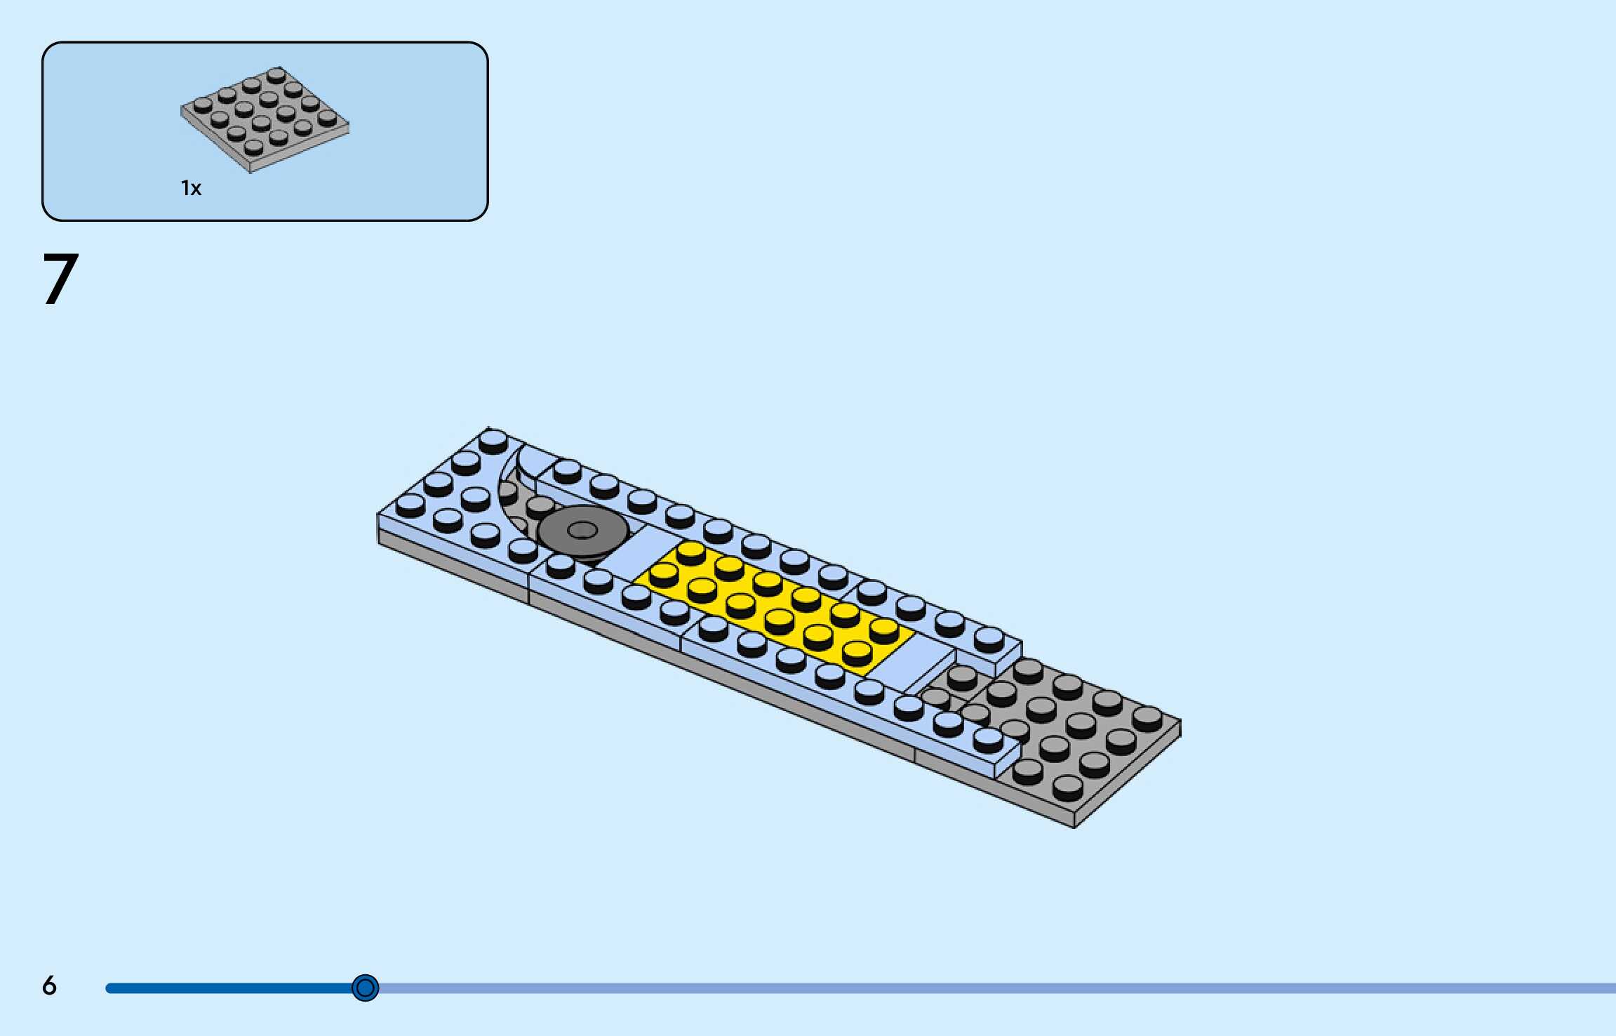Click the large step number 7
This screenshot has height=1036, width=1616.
[x=60, y=279]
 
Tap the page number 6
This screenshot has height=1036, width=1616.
[x=49, y=986]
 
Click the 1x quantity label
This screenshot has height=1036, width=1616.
[x=191, y=188]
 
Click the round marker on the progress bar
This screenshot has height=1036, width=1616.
[x=365, y=988]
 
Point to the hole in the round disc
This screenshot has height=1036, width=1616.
[x=582, y=529]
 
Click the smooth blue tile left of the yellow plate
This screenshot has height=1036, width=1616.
[x=628, y=558]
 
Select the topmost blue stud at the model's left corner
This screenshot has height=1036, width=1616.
[x=493, y=439]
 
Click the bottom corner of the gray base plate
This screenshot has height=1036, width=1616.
[x=1074, y=826]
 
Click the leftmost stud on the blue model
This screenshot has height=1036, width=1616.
[x=410, y=503]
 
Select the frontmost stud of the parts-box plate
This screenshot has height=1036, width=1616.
[x=254, y=146]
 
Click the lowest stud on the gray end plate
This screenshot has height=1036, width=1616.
[x=1067, y=786]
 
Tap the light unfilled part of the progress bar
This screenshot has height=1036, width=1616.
[x=982, y=988]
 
